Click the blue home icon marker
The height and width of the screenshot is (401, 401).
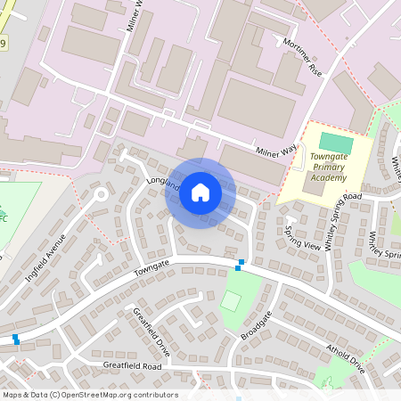[200, 192]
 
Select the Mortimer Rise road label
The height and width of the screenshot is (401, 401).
[301, 57]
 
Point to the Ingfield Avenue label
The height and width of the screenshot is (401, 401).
[46, 258]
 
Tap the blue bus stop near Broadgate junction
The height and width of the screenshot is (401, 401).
[239, 264]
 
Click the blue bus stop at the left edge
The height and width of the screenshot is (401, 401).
[15, 339]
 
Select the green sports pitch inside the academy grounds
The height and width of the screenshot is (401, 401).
[336, 143]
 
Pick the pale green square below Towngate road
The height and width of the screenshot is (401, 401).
[231, 300]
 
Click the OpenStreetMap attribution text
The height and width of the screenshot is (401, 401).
[89, 395]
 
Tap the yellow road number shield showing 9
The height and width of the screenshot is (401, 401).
[4, 44]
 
